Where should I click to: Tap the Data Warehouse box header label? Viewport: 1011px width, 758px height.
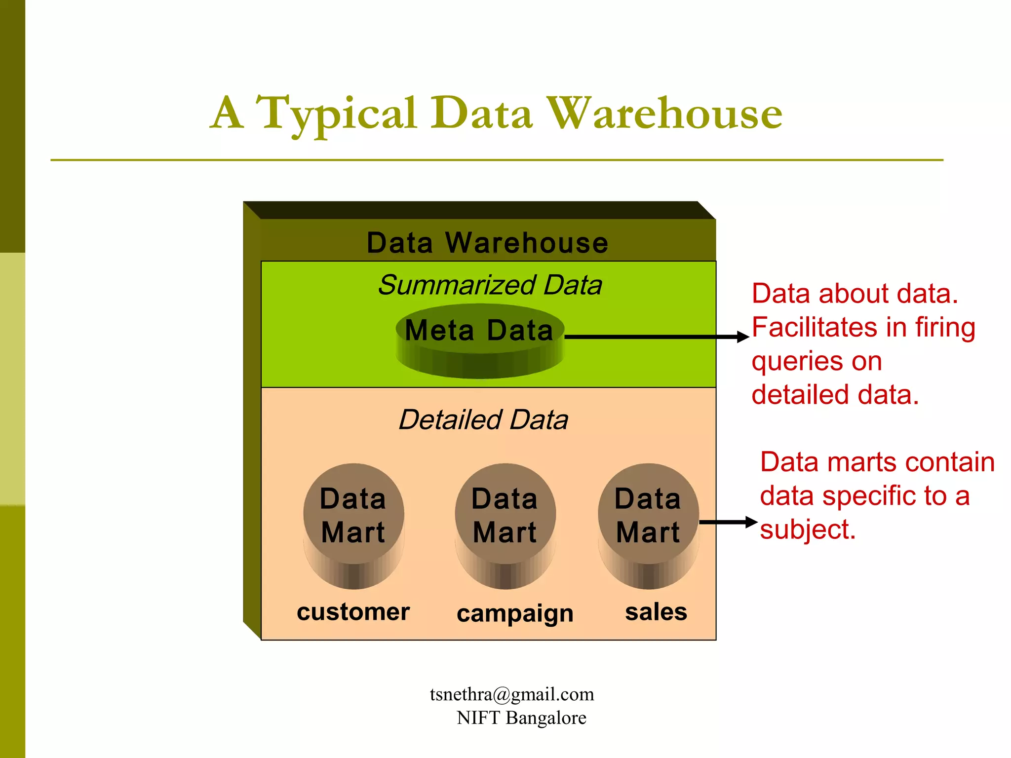487,243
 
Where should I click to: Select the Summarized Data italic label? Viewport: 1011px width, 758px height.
490,285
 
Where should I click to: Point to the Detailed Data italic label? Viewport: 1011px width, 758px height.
483,420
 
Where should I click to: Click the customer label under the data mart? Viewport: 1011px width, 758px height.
353,612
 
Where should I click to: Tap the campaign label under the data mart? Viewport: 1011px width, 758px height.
515,614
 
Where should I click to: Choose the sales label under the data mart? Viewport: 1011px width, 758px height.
656,612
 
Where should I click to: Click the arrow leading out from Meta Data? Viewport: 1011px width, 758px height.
657,337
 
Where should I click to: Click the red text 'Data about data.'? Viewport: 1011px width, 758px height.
855,294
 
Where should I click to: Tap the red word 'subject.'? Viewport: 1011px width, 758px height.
808,530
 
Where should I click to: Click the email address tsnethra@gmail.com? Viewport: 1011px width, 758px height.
512,694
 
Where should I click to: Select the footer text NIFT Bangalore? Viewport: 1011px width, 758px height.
521,718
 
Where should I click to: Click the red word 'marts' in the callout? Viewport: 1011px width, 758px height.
859,462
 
